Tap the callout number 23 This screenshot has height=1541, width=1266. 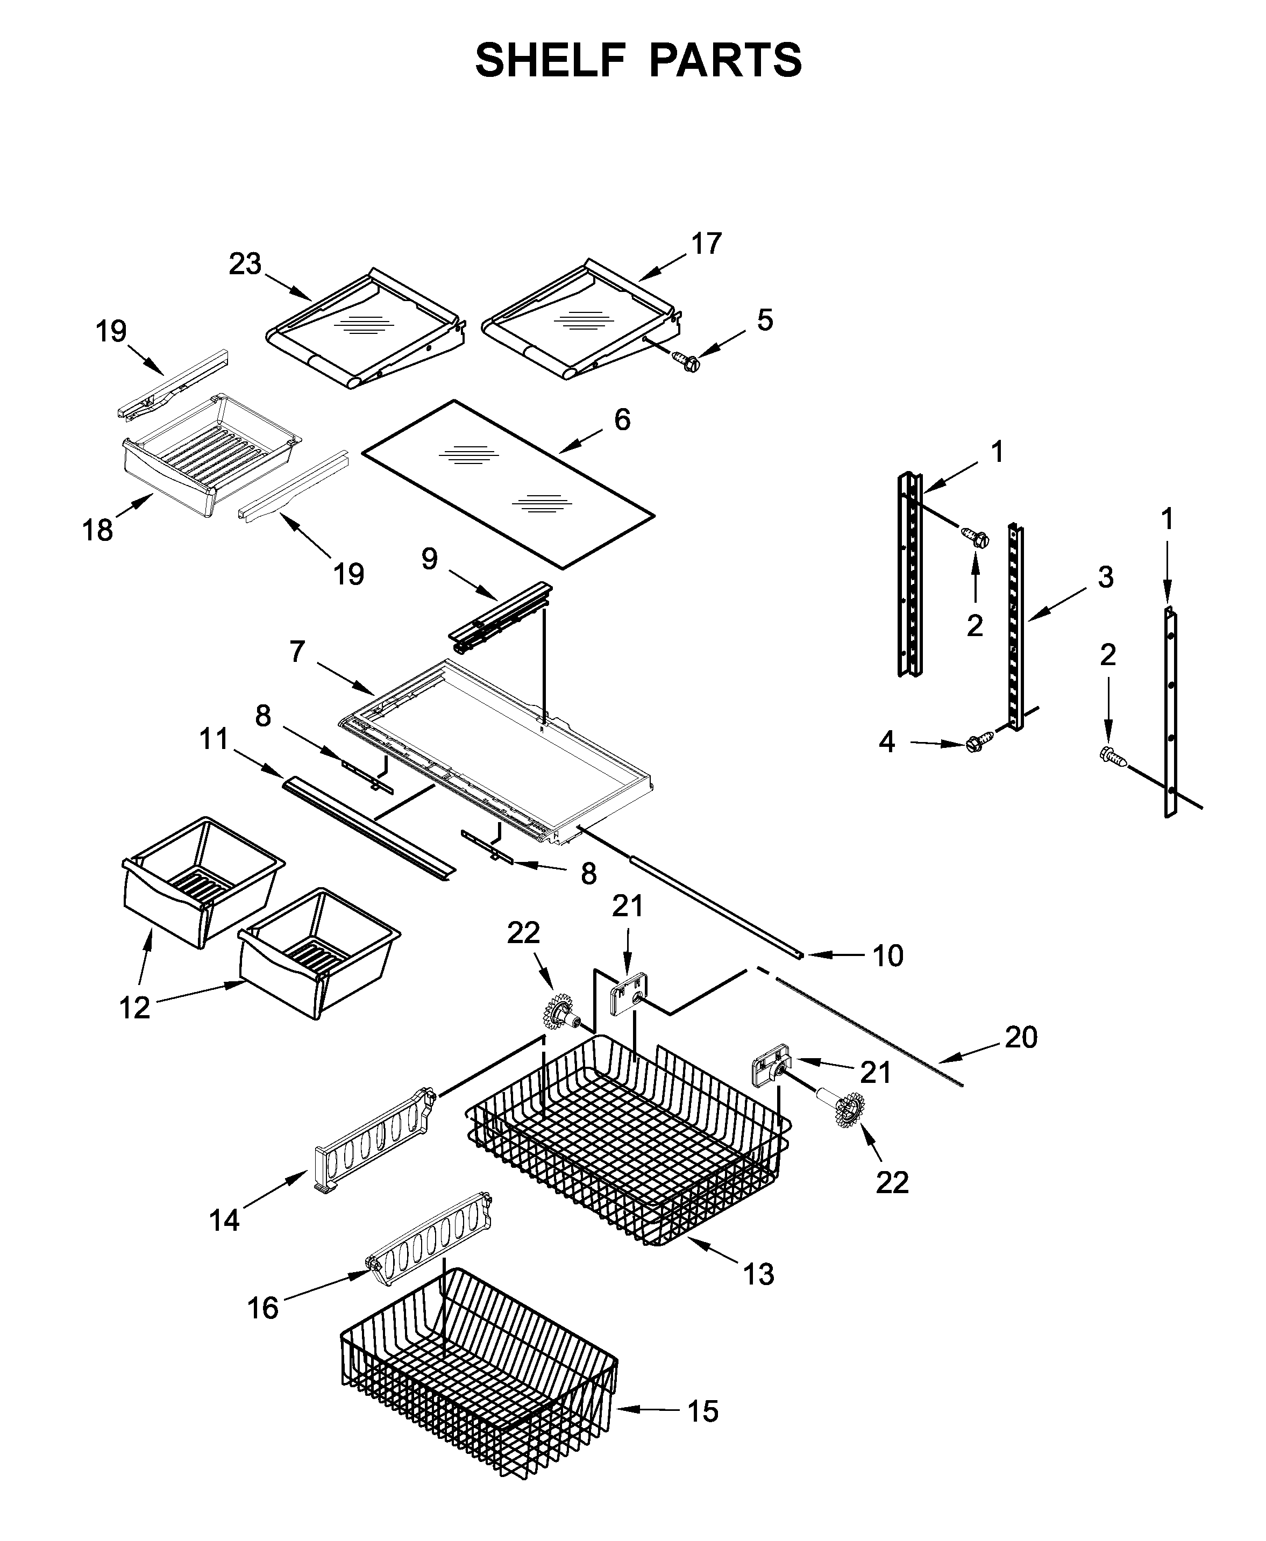[245, 264]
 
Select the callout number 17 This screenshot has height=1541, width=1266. [706, 244]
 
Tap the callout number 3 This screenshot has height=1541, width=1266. [1106, 577]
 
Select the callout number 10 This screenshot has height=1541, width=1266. [887, 955]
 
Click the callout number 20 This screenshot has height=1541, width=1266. [1020, 1037]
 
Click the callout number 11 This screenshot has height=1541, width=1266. [215, 739]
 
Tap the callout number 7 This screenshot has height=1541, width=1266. [296, 651]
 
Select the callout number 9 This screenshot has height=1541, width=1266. [430, 559]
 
